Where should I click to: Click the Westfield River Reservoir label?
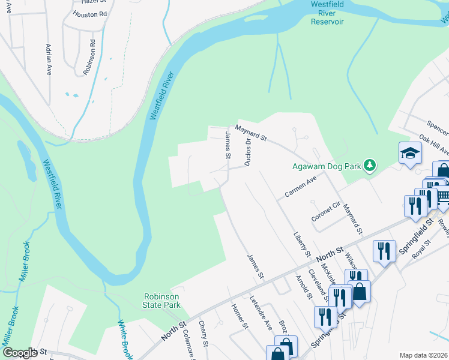327,13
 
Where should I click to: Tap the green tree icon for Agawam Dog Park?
370,164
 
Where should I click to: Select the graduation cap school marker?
410,152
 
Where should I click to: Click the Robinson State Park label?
162,301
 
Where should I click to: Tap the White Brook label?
124,339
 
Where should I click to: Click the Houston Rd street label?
89,13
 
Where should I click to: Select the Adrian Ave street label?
49,58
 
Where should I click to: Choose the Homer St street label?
240,317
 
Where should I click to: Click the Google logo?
20,353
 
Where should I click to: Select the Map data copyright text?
424,355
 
